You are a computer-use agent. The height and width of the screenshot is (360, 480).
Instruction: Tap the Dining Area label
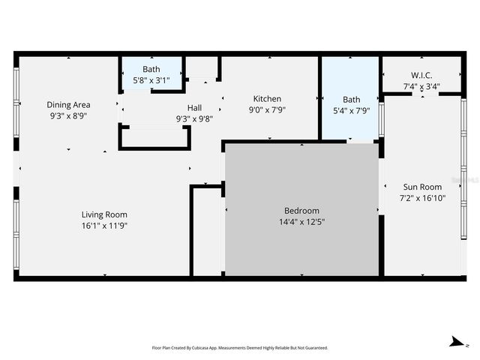pos(69,105)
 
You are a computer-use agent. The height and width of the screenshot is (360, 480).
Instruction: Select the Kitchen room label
pos(267,99)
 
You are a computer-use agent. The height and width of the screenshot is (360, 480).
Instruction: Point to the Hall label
pos(194,107)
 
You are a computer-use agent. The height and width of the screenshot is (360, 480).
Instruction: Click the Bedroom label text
pos(301,211)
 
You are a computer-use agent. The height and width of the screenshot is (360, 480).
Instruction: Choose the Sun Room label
pos(422,187)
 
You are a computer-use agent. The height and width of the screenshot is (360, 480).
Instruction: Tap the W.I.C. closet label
pos(421,76)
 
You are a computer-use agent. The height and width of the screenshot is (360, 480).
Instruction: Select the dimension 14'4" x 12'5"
pos(301,222)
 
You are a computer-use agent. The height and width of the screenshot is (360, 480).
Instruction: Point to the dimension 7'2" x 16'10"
pos(422,199)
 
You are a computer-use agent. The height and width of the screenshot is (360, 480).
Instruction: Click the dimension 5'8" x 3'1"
pos(151,80)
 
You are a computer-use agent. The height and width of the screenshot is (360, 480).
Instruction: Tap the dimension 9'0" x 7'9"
pos(267,109)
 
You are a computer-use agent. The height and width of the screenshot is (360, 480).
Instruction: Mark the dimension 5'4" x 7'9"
pos(351,110)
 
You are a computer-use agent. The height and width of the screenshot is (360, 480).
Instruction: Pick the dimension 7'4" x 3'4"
pos(421,86)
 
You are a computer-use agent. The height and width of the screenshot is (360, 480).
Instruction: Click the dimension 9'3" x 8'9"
pos(69,116)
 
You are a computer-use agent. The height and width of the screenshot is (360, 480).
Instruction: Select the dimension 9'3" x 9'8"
pos(194,118)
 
